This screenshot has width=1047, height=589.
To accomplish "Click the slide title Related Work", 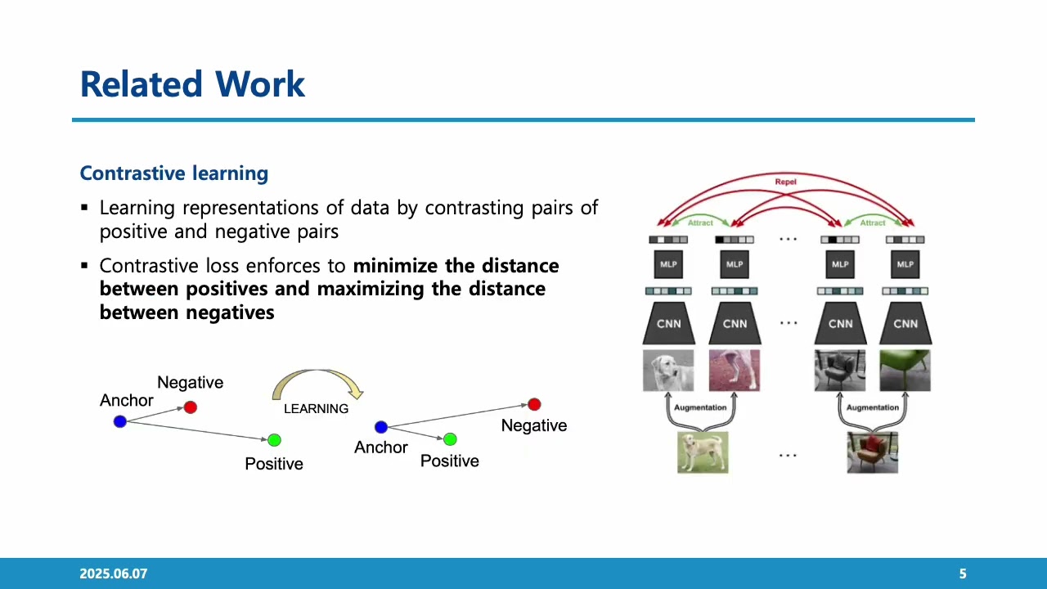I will [x=192, y=84].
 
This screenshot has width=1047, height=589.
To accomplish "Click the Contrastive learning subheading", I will [x=174, y=173].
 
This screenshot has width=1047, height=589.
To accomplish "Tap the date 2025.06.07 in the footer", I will [x=113, y=574].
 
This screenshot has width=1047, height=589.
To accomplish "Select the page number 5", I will [x=963, y=574].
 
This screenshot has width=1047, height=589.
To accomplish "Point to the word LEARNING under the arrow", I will [x=316, y=408].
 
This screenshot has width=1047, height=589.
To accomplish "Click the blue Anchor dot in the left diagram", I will [x=120, y=421].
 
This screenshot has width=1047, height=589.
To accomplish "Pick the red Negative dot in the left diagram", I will [x=191, y=407].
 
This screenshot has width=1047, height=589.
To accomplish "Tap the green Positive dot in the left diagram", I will [x=274, y=440].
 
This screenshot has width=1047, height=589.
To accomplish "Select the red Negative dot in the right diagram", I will [x=534, y=404].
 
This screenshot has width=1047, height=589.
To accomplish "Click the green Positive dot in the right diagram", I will [x=450, y=439].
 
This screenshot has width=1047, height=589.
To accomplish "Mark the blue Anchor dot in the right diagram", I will [x=380, y=427].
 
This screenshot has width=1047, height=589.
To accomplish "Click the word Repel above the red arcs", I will [x=785, y=182].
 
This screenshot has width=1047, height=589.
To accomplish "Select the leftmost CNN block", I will [x=668, y=323].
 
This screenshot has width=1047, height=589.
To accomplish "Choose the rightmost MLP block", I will [x=905, y=264].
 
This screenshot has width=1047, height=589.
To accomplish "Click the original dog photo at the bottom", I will [x=703, y=452].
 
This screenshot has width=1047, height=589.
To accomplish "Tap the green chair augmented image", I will [x=905, y=371].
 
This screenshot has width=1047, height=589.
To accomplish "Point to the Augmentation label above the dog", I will [x=700, y=407].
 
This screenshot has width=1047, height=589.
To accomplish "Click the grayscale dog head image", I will [x=668, y=371].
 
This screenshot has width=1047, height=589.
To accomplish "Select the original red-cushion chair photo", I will [x=872, y=452].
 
